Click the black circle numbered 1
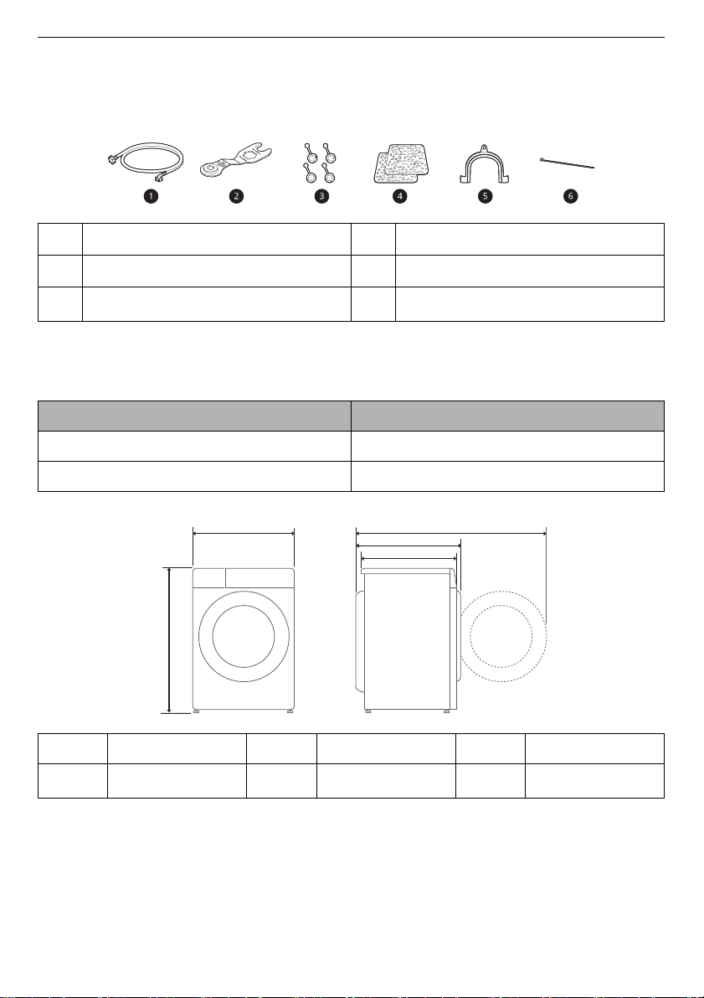[x=151, y=196]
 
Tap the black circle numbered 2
[x=236, y=196]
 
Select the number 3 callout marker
[x=321, y=196]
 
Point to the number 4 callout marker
[x=399, y=196]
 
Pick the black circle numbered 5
[x=485, y=196]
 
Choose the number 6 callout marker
[x=570, y=196]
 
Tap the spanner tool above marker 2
[x=236, y=159]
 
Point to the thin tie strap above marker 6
[x=568, y=163]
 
